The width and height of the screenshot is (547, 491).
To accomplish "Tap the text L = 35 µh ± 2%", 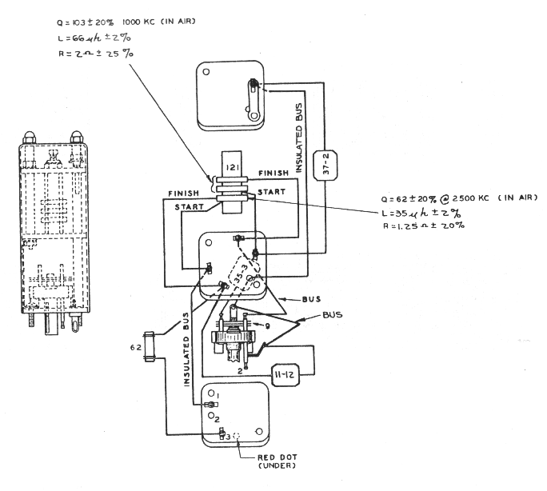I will coord(424,213).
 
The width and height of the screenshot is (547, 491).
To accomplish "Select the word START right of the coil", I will coord(269,193).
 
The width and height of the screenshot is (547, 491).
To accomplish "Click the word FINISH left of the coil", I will coord(184,194).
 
